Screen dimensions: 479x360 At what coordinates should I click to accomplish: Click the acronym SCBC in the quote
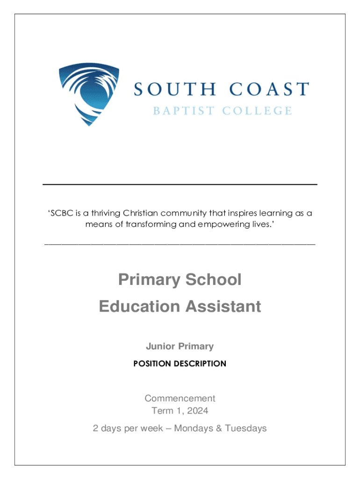point(62,214)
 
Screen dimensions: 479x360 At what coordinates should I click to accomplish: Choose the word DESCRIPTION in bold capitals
point(201,363)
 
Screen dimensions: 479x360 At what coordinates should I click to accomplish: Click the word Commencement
point(180,399)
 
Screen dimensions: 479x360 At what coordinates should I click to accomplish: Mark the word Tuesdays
point(246,428)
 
